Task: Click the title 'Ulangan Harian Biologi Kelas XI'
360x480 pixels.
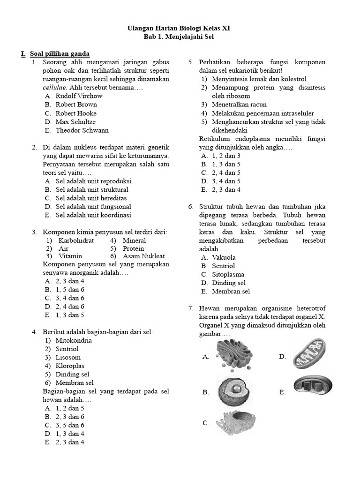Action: coord(179,29)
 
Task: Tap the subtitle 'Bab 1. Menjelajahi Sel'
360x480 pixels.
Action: coord(179,37)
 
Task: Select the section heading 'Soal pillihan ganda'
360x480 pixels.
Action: coord(60,54)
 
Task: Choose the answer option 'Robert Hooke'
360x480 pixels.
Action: coord(76,113)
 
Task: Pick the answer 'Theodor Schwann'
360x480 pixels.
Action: coord(82,130)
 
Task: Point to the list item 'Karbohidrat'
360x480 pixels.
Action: coord(76,240)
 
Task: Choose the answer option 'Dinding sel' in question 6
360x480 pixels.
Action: coord(229,283)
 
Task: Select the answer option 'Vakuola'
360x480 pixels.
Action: coord(224,257)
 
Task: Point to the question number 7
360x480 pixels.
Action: coord(191,308)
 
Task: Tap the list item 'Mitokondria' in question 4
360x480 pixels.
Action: coord(74,340)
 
